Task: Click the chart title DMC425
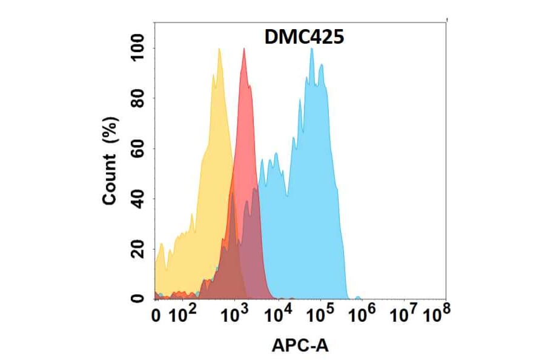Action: tap(304, 38)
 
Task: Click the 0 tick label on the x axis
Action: tap(156, 316)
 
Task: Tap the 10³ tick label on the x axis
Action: tap(236, 315)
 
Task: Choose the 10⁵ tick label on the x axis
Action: tap(320, 315)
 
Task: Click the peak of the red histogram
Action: tap(243, 49)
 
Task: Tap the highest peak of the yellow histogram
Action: tap(219, 49)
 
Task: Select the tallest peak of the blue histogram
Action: tap(312, 49)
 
